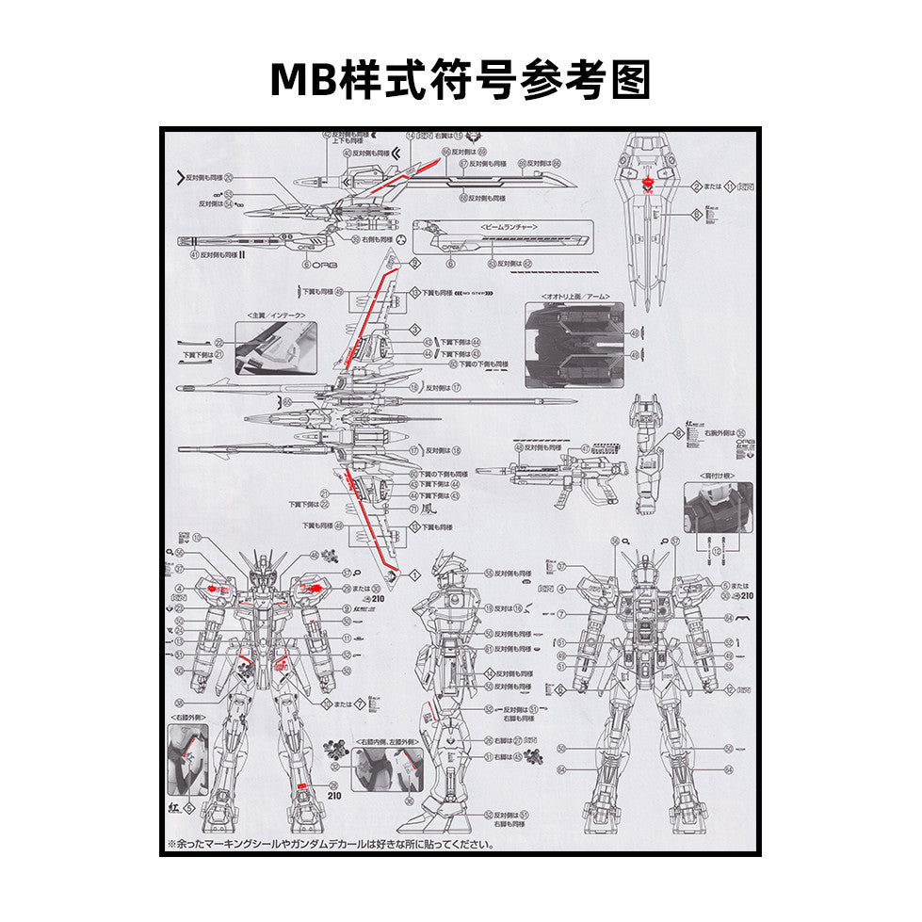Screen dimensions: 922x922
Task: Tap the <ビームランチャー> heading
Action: tap(509, 228)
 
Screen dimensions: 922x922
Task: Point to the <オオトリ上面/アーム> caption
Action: tap(574, 296)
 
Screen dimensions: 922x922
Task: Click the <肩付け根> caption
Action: tap(718, 477)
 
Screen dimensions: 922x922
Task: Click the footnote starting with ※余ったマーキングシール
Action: tap(330, 844)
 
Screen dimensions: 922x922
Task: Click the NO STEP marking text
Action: tap(472, 293)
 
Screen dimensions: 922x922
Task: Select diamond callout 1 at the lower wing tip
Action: tap(414, 574)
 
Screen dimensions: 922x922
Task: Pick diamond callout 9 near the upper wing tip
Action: tap(414, 264)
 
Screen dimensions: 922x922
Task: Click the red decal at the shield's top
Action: tap(647, 184)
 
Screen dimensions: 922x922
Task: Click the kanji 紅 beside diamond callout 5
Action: tap(173, 807)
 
